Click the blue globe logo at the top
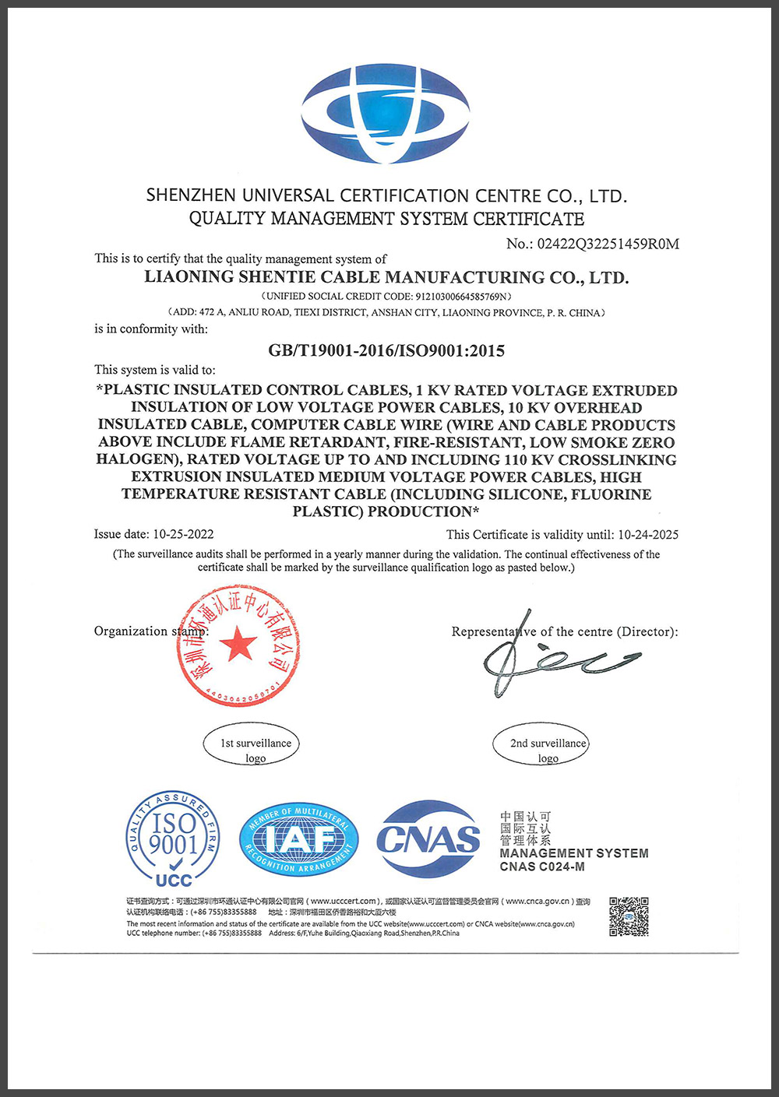coord(386,114)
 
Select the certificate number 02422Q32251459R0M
coord(608,244)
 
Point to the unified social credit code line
coord(386,296)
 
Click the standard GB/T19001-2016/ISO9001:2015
coord(386,350)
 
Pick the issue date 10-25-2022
coord(183,534)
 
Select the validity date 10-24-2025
coord(647,535)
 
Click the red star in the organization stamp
coord(238,644)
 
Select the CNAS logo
coord(428,839)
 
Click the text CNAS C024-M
coord(542,867)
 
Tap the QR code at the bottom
coord(629,916)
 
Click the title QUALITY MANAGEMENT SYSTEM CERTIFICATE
coord(386,219)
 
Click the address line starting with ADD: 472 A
coord(386,312)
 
